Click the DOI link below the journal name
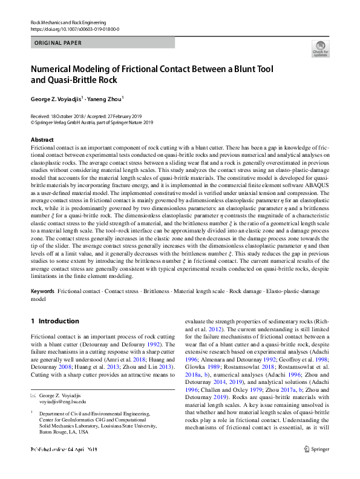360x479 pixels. coord(74,29)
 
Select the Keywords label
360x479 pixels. coord(42,291)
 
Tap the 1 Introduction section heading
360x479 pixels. coord(54,321)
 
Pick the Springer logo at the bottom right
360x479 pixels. coord(318,466)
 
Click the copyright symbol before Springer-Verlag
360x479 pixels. coord(33,122)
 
